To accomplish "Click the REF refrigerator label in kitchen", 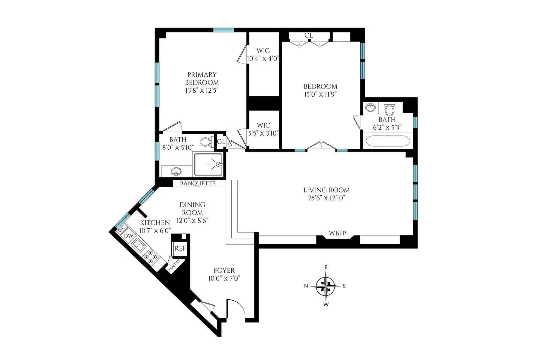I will click(x=180, y=248).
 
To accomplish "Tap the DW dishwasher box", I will click(x=128, y=236).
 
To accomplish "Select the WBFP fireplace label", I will click(x=337, y=233).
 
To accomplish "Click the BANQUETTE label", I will click(x=197, y=184).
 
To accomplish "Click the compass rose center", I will click(x=326, y=286).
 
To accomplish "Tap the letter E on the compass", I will click(x=326, y=267).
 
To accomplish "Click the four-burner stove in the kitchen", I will click(x=151, y=257).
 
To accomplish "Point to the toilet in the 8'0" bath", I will click(x=205, y=142).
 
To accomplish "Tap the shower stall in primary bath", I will click(x=208, y=164).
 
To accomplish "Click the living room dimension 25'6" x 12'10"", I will click(x=326, y=198).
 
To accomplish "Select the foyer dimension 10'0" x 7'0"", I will click(x=224, y=278).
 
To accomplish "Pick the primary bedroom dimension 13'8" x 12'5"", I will click(x=202, y=90).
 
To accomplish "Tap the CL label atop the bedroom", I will click(x=309, y=35).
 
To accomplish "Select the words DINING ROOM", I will click(x=192, y=208).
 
